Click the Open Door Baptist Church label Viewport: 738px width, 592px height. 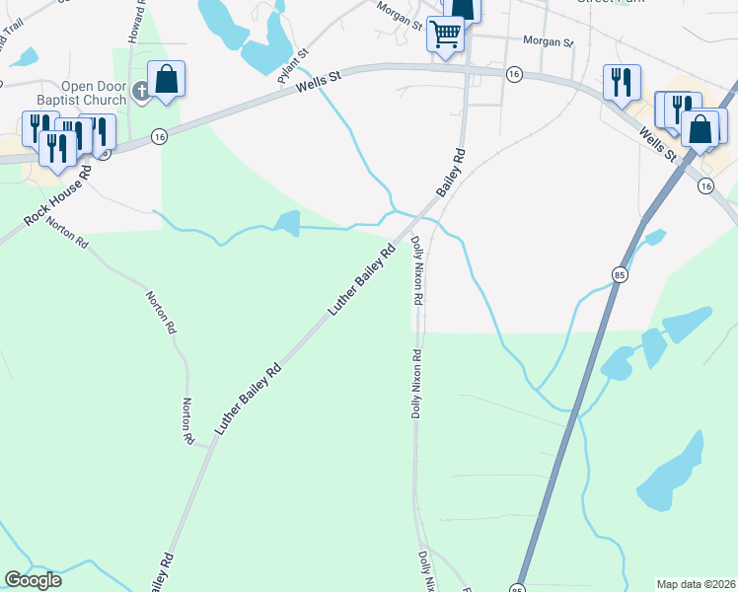pyautogui.click(x=93, y=93)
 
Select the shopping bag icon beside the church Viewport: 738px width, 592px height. pyautogui.click(x=167, y=78)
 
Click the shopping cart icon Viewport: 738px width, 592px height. pyautogui.click(x=445, y=35)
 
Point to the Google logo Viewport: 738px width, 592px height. pyautogui.click(x=33, y=580)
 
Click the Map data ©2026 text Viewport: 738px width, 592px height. pyautogui.click(x=696, y=583)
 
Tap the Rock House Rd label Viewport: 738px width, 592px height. pyautogui.click(x=57, y=196)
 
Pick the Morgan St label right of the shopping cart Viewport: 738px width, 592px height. pyautogui.click(x=548, y=43)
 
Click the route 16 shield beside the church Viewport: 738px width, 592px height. pyautogui.click(x=159, y=137)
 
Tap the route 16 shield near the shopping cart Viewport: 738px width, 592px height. pyautogui.click(x=514, y=74)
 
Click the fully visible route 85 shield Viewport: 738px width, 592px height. pyautogui.click(x=620, y=273)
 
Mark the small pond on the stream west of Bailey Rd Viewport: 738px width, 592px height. pyautogui.click(x=287, y=223)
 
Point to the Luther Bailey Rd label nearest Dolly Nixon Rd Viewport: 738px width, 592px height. pyautogui.click(x=362, y=280)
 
